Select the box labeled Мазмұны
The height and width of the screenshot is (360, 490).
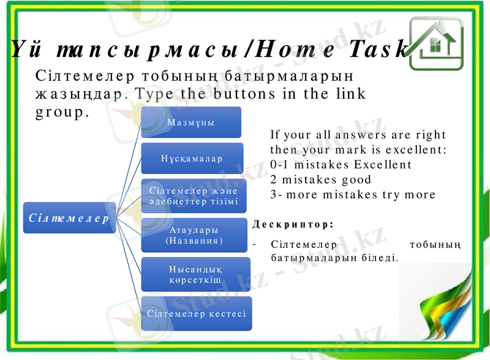pos(191,122)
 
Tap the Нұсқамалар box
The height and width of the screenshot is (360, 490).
pos(192,158)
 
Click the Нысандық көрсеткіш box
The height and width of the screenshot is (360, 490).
pos(195,274)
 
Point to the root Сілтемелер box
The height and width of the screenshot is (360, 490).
pos(69,217)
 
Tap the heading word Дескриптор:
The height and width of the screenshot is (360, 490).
pos(293,225)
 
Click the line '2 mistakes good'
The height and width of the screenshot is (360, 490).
pos(320,180)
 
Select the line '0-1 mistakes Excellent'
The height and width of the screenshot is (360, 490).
pos(341,165)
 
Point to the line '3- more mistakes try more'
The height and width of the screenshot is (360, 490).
pos(352,195)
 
